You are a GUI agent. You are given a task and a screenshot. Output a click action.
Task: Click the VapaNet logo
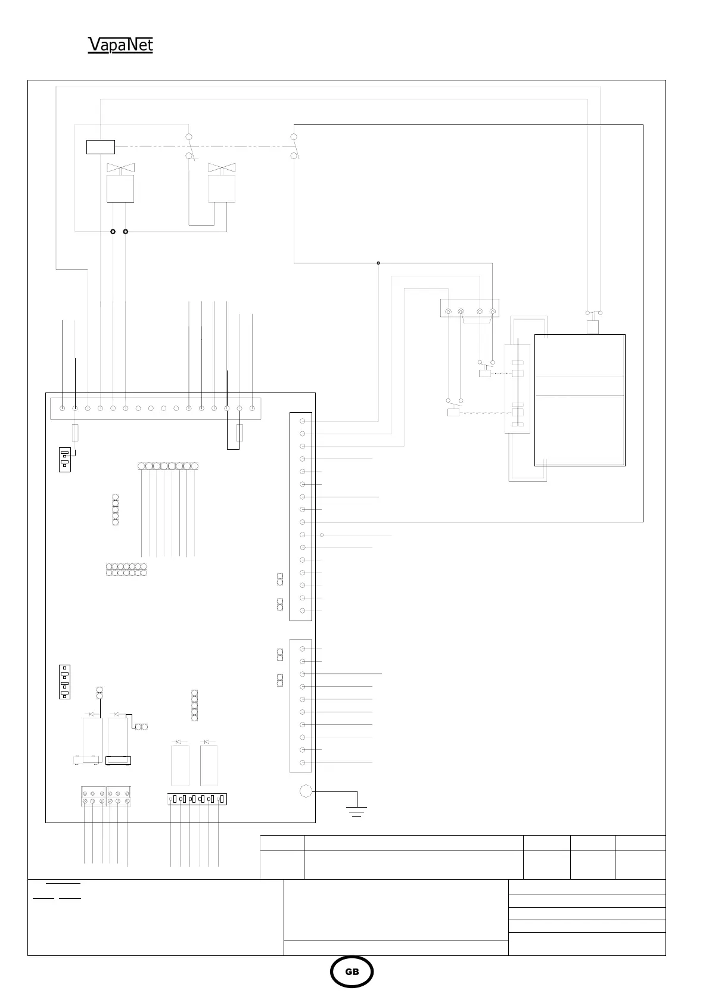120,45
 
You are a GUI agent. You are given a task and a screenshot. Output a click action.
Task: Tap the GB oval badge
352,972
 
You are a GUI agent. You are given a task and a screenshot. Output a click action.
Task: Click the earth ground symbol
356,810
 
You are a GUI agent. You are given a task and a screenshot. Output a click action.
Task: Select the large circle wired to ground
305,791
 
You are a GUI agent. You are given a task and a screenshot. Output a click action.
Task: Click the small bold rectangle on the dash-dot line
100,147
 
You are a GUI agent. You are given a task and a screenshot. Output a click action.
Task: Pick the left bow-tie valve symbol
120,168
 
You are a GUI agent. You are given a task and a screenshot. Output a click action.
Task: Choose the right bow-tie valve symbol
222,168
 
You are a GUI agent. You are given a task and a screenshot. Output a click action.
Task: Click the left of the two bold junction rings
113,231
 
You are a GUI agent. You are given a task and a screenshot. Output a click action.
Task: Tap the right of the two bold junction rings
125,231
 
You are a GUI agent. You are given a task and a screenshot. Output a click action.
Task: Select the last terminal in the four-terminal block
492,311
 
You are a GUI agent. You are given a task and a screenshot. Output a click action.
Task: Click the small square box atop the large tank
593,327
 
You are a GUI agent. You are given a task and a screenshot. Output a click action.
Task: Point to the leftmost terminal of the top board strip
63,409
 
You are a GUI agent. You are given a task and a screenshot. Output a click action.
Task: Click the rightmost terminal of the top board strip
252,409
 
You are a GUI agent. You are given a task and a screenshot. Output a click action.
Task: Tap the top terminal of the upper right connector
303,421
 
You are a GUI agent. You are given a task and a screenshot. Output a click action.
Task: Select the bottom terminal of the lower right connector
303,762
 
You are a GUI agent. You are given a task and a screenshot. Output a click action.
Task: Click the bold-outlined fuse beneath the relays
117,760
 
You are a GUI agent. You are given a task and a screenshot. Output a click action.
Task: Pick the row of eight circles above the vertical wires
167,466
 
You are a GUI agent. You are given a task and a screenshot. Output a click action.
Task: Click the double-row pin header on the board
126,569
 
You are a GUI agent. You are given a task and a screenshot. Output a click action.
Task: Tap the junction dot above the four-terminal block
378,262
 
